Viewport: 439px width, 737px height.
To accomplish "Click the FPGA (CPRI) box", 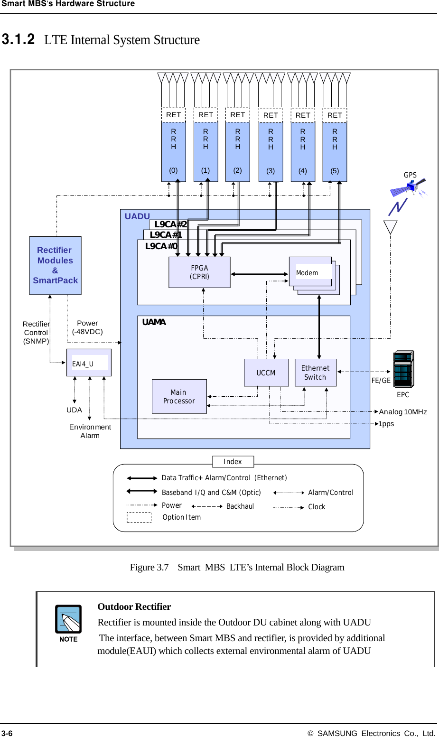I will coord(199,272).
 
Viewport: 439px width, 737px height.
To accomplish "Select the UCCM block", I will coord(266,373).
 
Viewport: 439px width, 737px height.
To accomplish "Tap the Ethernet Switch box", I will coord(315,373).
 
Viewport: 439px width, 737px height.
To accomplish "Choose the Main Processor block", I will coord(179,396).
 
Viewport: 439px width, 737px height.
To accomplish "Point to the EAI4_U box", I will coord(89,363).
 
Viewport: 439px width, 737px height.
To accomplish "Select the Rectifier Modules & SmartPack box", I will coord(55,265).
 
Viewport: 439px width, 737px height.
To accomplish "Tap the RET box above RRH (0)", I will coord(173,115).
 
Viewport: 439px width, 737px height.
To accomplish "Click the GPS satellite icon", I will coord(409,188).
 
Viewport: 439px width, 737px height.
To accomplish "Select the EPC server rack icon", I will coord(403,370).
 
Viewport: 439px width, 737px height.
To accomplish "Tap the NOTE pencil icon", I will coord(68,619).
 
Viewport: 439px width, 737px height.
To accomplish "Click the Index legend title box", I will coord(233,462).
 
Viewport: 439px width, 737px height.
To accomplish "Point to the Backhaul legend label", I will coord(240,506).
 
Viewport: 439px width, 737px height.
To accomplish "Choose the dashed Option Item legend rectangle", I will coord(139,517).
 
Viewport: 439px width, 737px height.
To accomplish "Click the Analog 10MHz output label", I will coord(403,412).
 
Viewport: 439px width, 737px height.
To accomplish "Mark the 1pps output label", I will coord(386,424).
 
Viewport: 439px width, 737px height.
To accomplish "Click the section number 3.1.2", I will coord(18,39).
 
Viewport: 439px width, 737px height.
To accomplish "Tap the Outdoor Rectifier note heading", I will coord(134,606).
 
